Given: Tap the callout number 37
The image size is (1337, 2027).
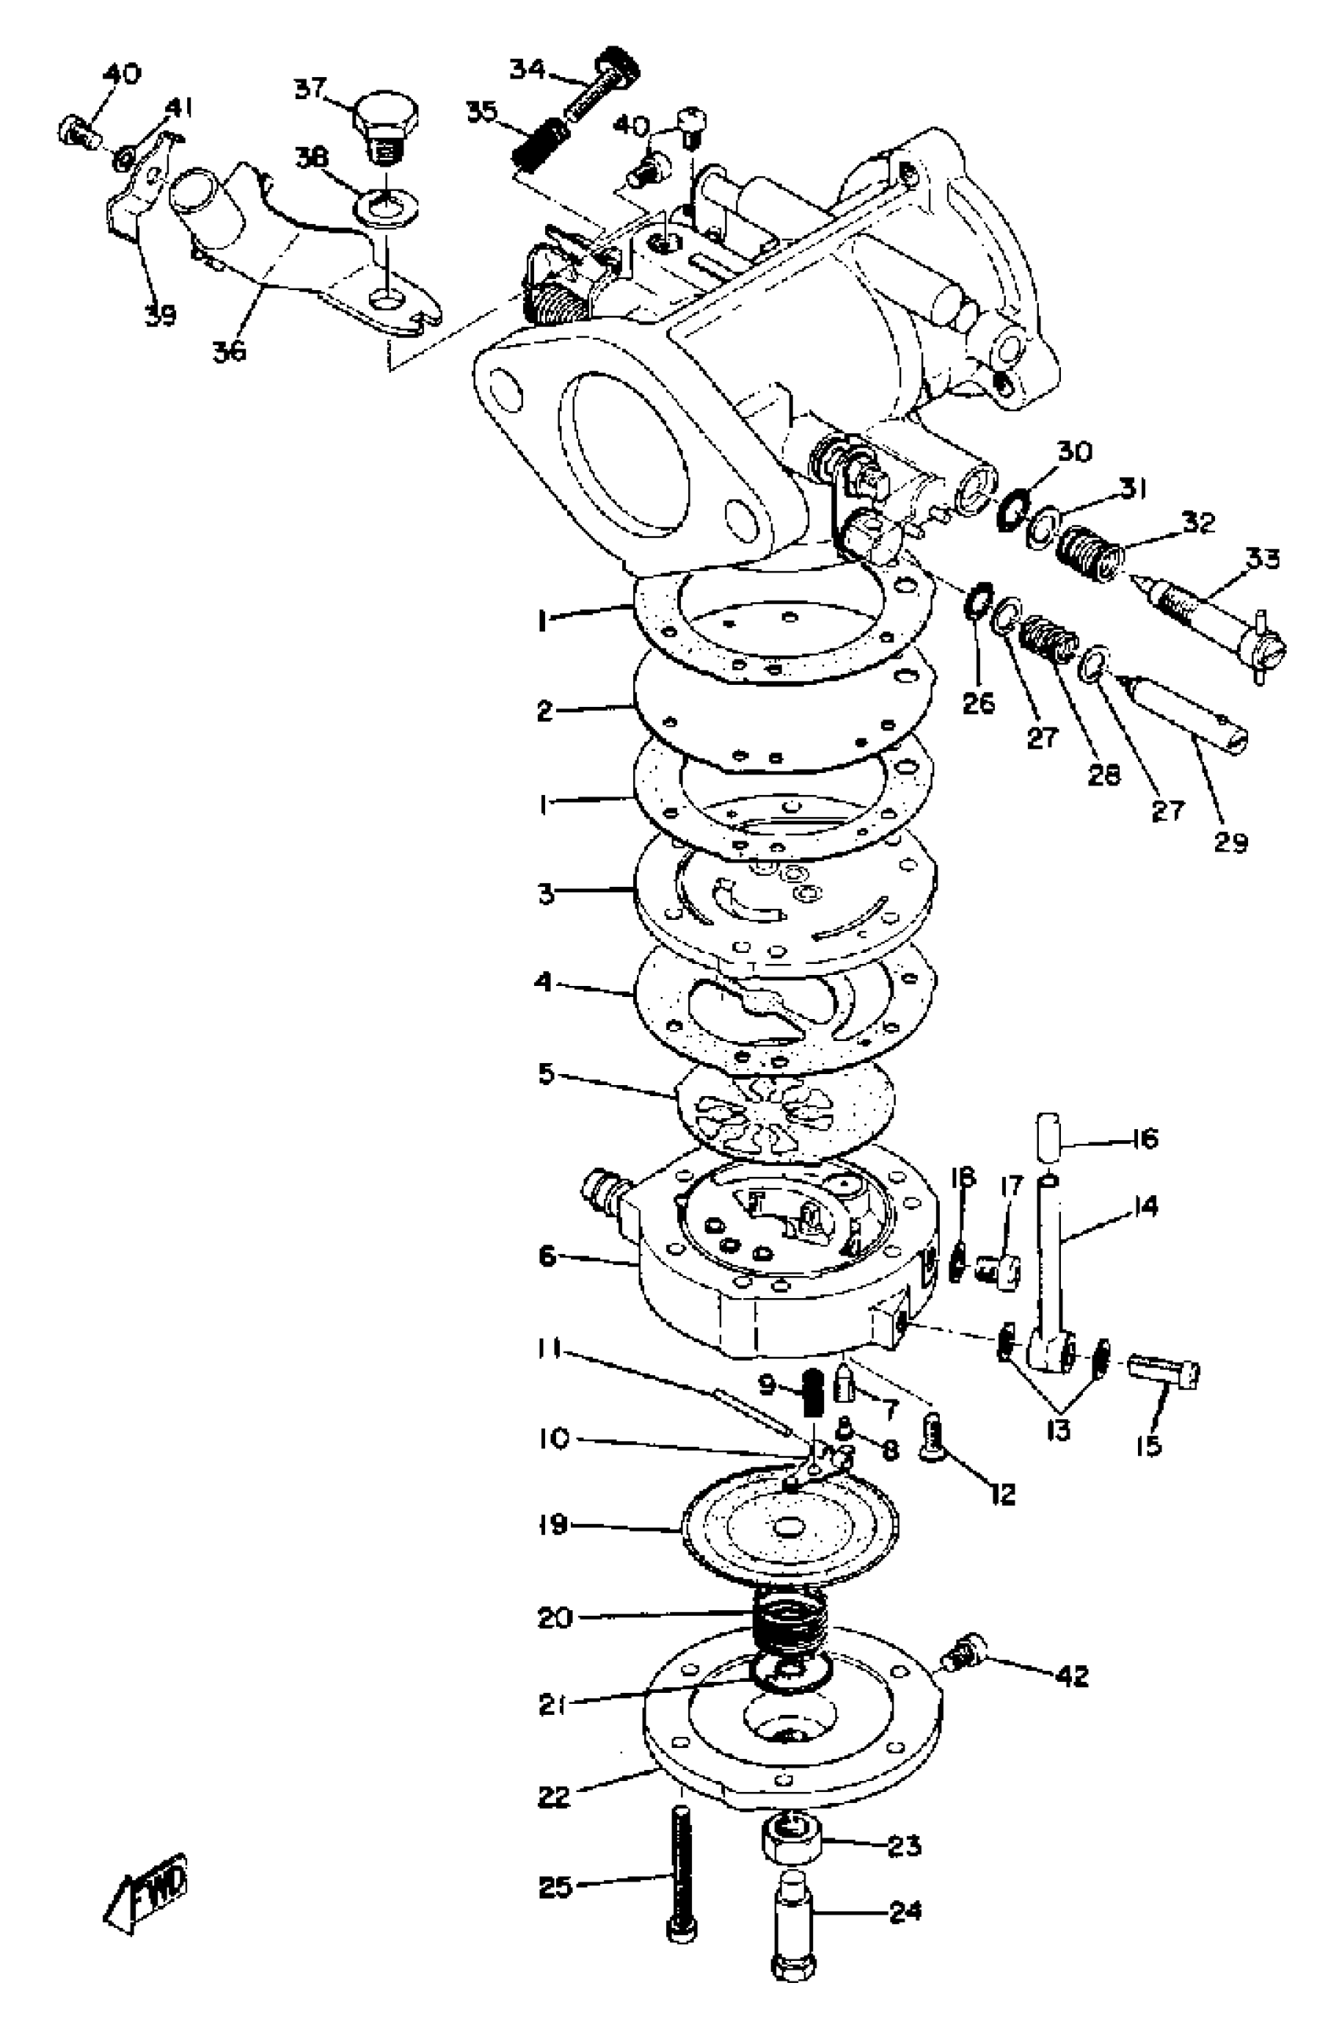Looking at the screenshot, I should pyautogui.click(x=311, y=89).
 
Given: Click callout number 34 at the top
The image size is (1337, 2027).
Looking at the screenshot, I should pyautogui.click(x=526, y=69).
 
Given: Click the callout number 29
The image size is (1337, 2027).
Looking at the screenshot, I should pyautogui.click(x=1229, y=842).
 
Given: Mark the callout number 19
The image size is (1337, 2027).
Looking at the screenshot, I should pyautogui.click(x=554, y=1524).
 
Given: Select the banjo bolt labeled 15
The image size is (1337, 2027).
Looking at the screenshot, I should pyautogui.click(x=1164, y=1370).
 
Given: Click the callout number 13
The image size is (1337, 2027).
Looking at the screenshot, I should pyautogui.click(x=1057, y=1429).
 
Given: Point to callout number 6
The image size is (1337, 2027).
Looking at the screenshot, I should pyautogui.click(x=547, y=1256).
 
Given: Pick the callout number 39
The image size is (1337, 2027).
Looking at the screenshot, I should pyautogui.click(x=160, y=316).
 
